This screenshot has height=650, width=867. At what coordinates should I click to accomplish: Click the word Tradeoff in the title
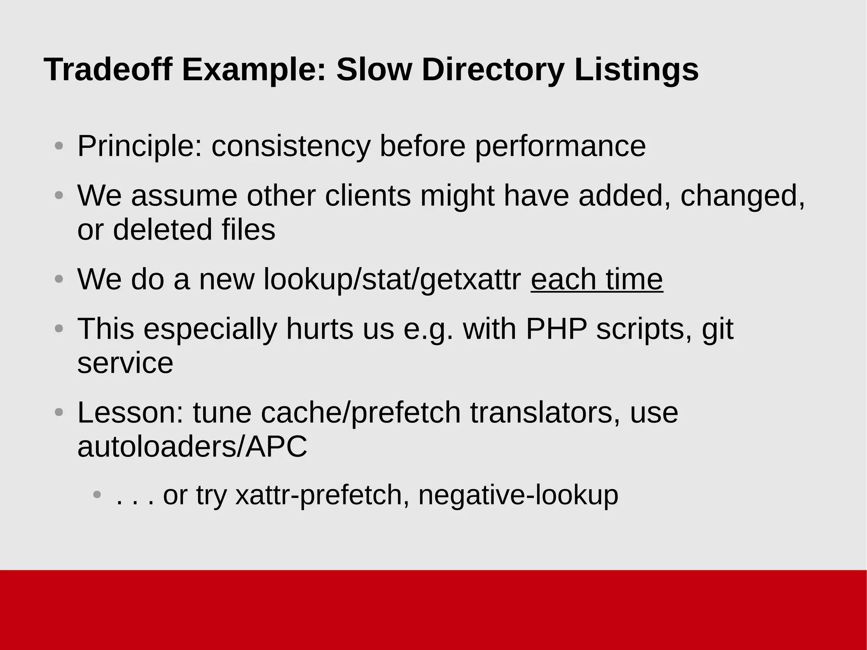[x=108, y=69]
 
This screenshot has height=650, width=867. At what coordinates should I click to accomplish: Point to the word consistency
[x=290, y=147]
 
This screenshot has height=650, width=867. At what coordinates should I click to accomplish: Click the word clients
[x=367, y=196]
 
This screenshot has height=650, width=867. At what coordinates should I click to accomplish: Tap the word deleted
[x=162, y=230]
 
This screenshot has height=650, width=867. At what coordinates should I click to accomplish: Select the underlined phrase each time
[x=596, y=279]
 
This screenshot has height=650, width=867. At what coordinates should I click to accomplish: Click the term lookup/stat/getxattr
[x=392, y=279]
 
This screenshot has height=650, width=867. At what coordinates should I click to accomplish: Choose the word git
[x=717, y=329]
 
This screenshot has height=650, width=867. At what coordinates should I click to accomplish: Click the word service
[x=125, y=363]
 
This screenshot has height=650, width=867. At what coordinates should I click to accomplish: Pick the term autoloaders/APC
[x=192, y=446]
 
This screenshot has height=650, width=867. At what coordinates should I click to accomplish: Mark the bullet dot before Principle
[x=59, y=146]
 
